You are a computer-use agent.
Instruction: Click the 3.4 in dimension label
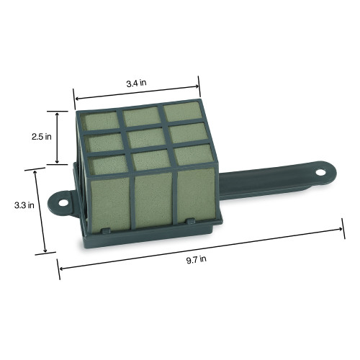click(137, 84)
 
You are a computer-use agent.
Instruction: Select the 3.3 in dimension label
click(22, 205)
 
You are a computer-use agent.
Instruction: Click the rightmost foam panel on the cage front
click(193, 197)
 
